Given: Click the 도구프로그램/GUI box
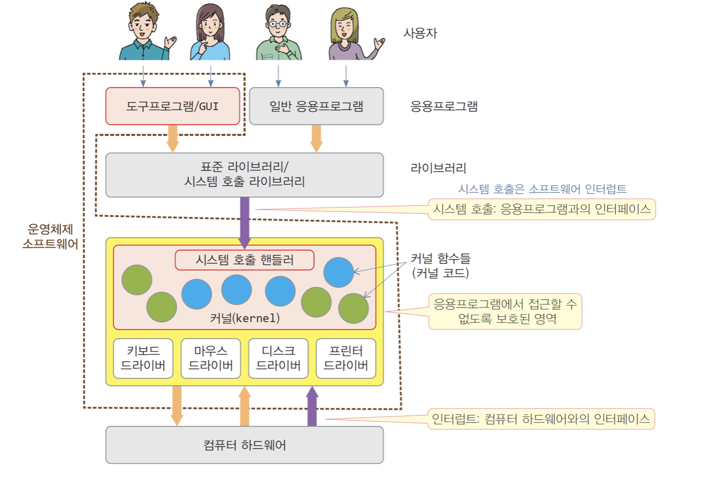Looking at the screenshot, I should [172, 106].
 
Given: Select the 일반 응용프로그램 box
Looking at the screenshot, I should [316, 106].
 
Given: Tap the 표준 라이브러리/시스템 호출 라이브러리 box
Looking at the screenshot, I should [244, 175].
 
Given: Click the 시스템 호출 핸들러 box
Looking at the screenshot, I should [244, 260].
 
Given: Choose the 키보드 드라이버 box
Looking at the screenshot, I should [143, 358].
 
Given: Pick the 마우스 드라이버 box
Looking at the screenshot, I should [211, 358].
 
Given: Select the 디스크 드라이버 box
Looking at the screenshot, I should [278, 358].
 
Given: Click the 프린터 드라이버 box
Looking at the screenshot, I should [346, 358].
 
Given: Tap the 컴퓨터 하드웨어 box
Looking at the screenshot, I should [244, 445].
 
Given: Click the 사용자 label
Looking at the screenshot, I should [420, 33].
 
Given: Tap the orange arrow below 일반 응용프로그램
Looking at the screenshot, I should [316, 138].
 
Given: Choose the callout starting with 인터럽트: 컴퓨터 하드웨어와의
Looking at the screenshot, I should [542, 419].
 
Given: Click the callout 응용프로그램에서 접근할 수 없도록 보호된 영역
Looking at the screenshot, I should [505, 311].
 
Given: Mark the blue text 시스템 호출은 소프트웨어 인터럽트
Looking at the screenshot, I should [542, 189].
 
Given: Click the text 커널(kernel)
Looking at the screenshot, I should [244, 319].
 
